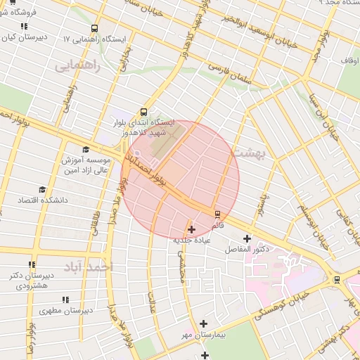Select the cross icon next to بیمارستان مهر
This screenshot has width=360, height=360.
click(x=204, y=324)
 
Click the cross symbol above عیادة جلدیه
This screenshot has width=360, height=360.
click(x=191, y=229)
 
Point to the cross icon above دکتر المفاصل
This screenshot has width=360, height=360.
click(x=246, y=238)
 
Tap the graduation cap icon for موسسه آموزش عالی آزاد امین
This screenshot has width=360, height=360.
click(x=86, y=149)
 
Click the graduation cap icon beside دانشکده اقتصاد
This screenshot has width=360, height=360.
click(x=42, y=190)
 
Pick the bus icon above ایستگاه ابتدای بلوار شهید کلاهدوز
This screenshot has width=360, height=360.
click(x=144, y=111)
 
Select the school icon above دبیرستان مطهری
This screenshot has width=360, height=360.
click(x=65, y=300)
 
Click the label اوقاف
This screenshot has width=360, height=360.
click(x=350, y=62)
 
